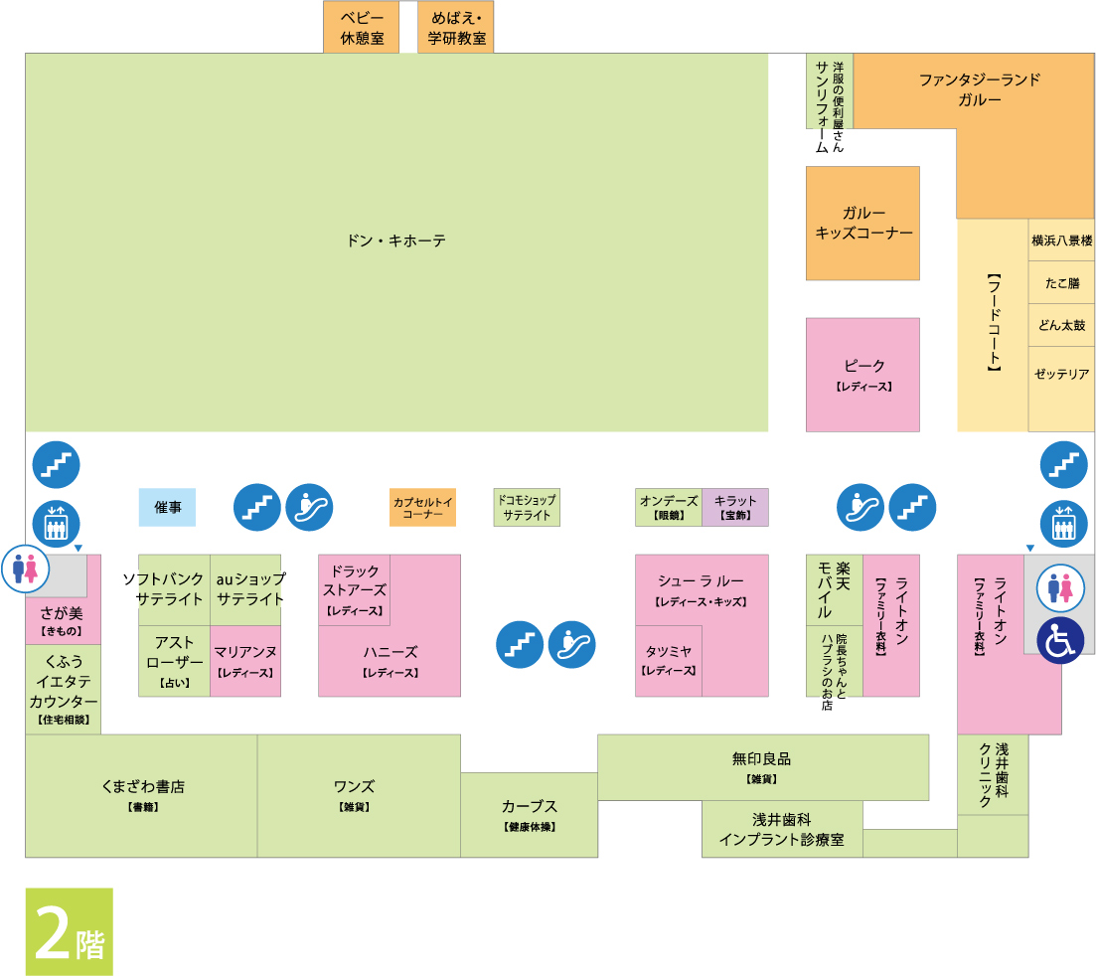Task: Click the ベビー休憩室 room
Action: coord(362,27)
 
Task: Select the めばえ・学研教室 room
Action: coord(456,27)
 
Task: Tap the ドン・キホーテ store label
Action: coord(396,242)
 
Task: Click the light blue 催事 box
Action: coord(167,507)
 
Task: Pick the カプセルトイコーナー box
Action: coord(423,507)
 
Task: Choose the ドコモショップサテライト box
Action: coord(527,507)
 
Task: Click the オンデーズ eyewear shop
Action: coord(669,507)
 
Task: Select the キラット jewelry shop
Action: coord(735,507)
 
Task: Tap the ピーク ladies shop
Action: coord(862,375)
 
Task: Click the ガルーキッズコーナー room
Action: coord(862,223)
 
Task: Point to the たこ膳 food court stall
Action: coord(1061,282)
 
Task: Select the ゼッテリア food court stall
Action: coord(1061,389)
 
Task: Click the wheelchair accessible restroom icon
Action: coord(1059,640)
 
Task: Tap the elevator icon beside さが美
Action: coord(56,524)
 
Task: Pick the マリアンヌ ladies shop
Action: coord(245,661)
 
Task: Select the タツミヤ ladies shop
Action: coord(668,661)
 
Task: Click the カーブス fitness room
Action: coord(530,815)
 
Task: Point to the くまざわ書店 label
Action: coord(143,787)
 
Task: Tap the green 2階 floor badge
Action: coord(70,931)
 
